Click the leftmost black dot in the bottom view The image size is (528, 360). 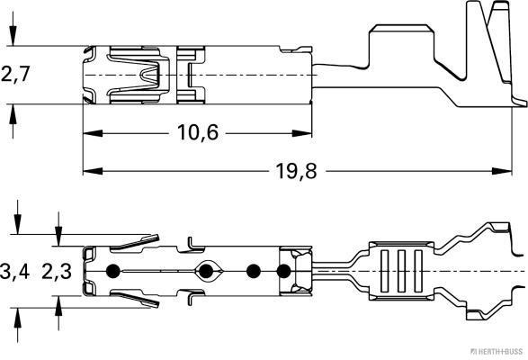pyautogui.click(x=112, y=271)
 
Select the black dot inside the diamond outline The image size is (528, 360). pyautogui.click(x=209, y=271)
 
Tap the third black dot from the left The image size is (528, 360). pyautogui.click(x=253, y=271)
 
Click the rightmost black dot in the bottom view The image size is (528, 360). pyautogui.click(x=285, y=271)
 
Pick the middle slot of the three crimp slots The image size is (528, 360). pyautogui.click(x=397, y=271)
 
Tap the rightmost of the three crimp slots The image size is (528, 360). pyautogui.click(x=416, y=271)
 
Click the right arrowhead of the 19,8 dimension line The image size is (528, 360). pyautogui.click(x=515, y=170)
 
